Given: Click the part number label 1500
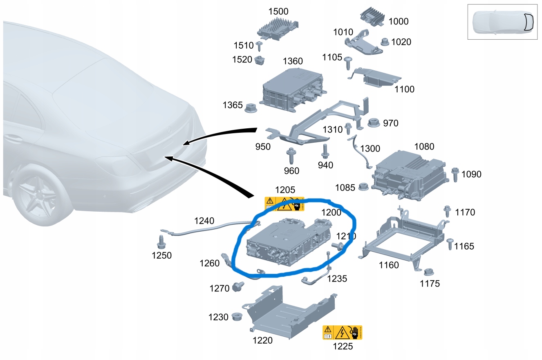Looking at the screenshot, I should (x=278, y=11).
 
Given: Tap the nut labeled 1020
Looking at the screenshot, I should (x=384, y=42).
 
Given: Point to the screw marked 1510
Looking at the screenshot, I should (x=259, y=45).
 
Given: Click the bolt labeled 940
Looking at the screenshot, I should (x=325, y=151).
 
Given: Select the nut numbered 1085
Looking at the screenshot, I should (x=362, y=187).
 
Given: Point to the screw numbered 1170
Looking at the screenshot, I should (x=447, y=211).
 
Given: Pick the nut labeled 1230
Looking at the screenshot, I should (x=236, y=317).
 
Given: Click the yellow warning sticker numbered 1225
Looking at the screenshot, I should (x=343, y=333).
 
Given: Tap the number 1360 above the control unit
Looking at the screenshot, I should (x=293, y=61).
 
